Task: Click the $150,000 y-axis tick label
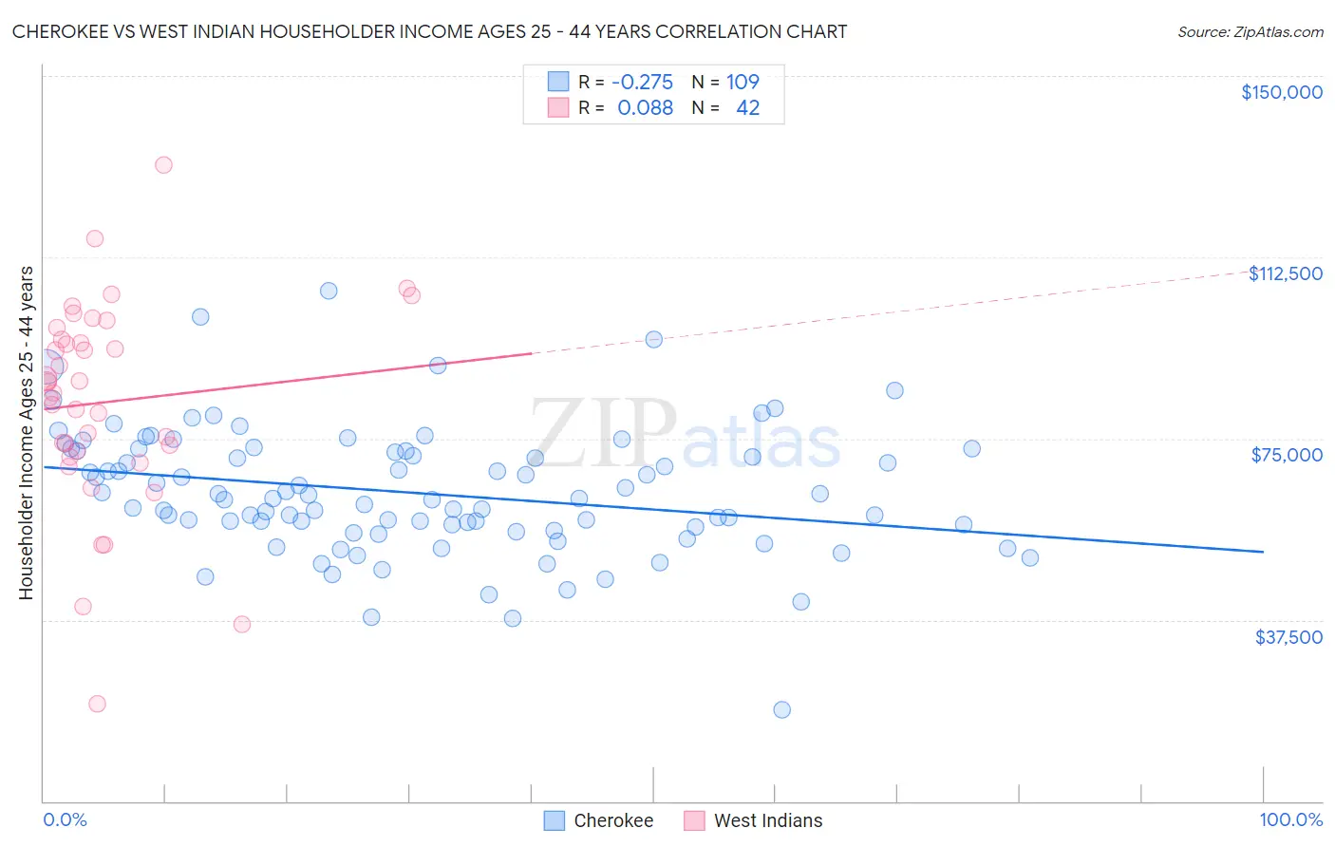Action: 1281,92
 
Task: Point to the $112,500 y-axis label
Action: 1285,273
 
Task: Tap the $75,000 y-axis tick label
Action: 1286,455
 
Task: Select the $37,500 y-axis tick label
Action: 1288,637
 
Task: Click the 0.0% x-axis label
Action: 65,819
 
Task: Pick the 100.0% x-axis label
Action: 1290,819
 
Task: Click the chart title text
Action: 429,31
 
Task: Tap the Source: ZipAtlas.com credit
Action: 1250,31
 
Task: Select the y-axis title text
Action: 26,433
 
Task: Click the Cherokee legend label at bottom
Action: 613,820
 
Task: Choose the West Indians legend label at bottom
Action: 768,820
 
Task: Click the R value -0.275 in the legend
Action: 642,82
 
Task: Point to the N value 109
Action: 743,82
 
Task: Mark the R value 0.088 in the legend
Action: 645,107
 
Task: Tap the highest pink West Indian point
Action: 163,164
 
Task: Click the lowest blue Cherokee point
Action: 781,709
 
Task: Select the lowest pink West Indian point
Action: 97,704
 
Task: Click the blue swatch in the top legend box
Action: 557,82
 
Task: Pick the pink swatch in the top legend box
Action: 557,107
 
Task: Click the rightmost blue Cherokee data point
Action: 1029,557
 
